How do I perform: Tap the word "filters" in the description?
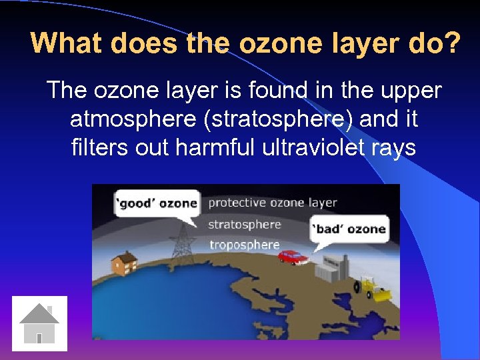pos(99,147)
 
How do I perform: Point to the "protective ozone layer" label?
pos(273,203)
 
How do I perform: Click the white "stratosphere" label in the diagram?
pos(244,224)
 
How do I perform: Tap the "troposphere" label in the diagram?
pos(244,245)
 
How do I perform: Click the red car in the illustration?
pos(293,257)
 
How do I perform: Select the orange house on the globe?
pos(124,263)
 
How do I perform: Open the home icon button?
pos(40,323)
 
